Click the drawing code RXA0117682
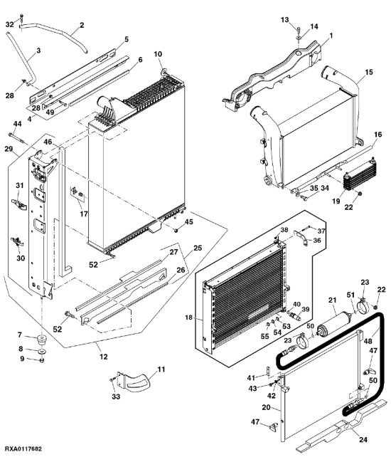pyautogui.click(x=23, y=448)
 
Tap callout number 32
pyautogui.click(x=10, y=24)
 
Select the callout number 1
pyautogui.click(x=331, y=36)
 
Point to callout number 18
pyautogui.click(x=188, y=317)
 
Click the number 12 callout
pyautogui.click(x=104, y=357)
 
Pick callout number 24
pyautogui.click(x=363, y=439)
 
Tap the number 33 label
pyautogui.click(x=116, y=396)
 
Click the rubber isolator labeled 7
pyautogui.click(x=41, y=340)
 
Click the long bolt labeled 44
pyautogui.click(x=17, y=138)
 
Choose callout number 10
pyautogui.click(x=158, y=54)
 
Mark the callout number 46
pyautogui.click(x=48, y=142)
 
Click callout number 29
pyautogui.click(x=9, y=149)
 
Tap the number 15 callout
pyautogui.click(x=369, y=72)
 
